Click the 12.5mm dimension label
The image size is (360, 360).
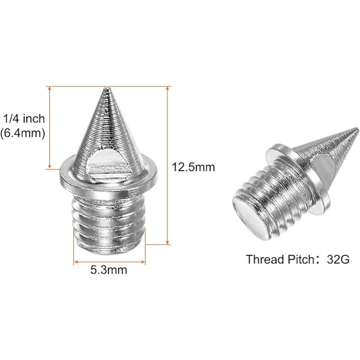point(193,167)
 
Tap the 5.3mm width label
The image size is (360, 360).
point(109,270)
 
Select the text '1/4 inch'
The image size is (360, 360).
point(24,119)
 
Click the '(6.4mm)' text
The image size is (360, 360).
point(23,133)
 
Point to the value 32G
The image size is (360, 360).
point(338,259)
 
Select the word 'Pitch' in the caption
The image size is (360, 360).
point(298,259)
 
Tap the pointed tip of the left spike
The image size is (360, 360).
point(106,88)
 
